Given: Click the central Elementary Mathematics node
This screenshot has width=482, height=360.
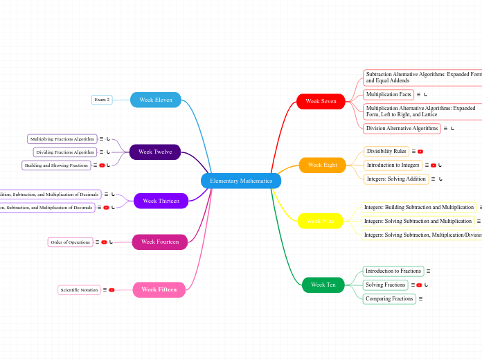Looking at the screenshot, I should coord(241,181).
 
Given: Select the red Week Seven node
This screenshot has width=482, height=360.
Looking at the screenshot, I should coord(321,102).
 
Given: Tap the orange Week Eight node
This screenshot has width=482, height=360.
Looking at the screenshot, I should coord(322,165).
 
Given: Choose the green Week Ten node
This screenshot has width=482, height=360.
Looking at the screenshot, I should coord(323,285).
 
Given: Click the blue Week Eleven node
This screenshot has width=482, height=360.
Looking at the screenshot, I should coord(156,100).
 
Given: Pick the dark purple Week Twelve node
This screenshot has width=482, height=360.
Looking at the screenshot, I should coord(155,152).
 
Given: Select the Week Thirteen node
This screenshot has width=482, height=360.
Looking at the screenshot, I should coord(161,201).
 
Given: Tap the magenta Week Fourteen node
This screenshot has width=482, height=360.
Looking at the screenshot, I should coord(160,242).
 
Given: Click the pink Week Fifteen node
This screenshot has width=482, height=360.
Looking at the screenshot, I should coord(159,289).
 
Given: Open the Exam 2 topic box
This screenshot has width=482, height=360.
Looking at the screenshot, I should coord(102,100).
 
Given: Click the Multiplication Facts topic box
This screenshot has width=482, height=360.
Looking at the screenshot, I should coord(389,94).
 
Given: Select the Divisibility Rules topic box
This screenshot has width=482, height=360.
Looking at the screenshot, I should coord(386,151).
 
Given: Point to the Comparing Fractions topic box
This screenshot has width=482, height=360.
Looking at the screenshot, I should coord(389,298).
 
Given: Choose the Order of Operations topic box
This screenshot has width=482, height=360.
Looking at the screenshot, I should coord(70,242).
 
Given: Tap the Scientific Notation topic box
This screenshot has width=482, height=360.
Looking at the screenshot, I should coord(79,290).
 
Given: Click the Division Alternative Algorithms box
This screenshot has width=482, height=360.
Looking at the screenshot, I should coord(402,128).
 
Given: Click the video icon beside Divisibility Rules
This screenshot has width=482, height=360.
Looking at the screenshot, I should coord(420,151).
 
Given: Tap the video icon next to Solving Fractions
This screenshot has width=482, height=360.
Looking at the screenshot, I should coord(419,285).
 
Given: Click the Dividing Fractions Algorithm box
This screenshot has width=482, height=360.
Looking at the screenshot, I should coord(65,152).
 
